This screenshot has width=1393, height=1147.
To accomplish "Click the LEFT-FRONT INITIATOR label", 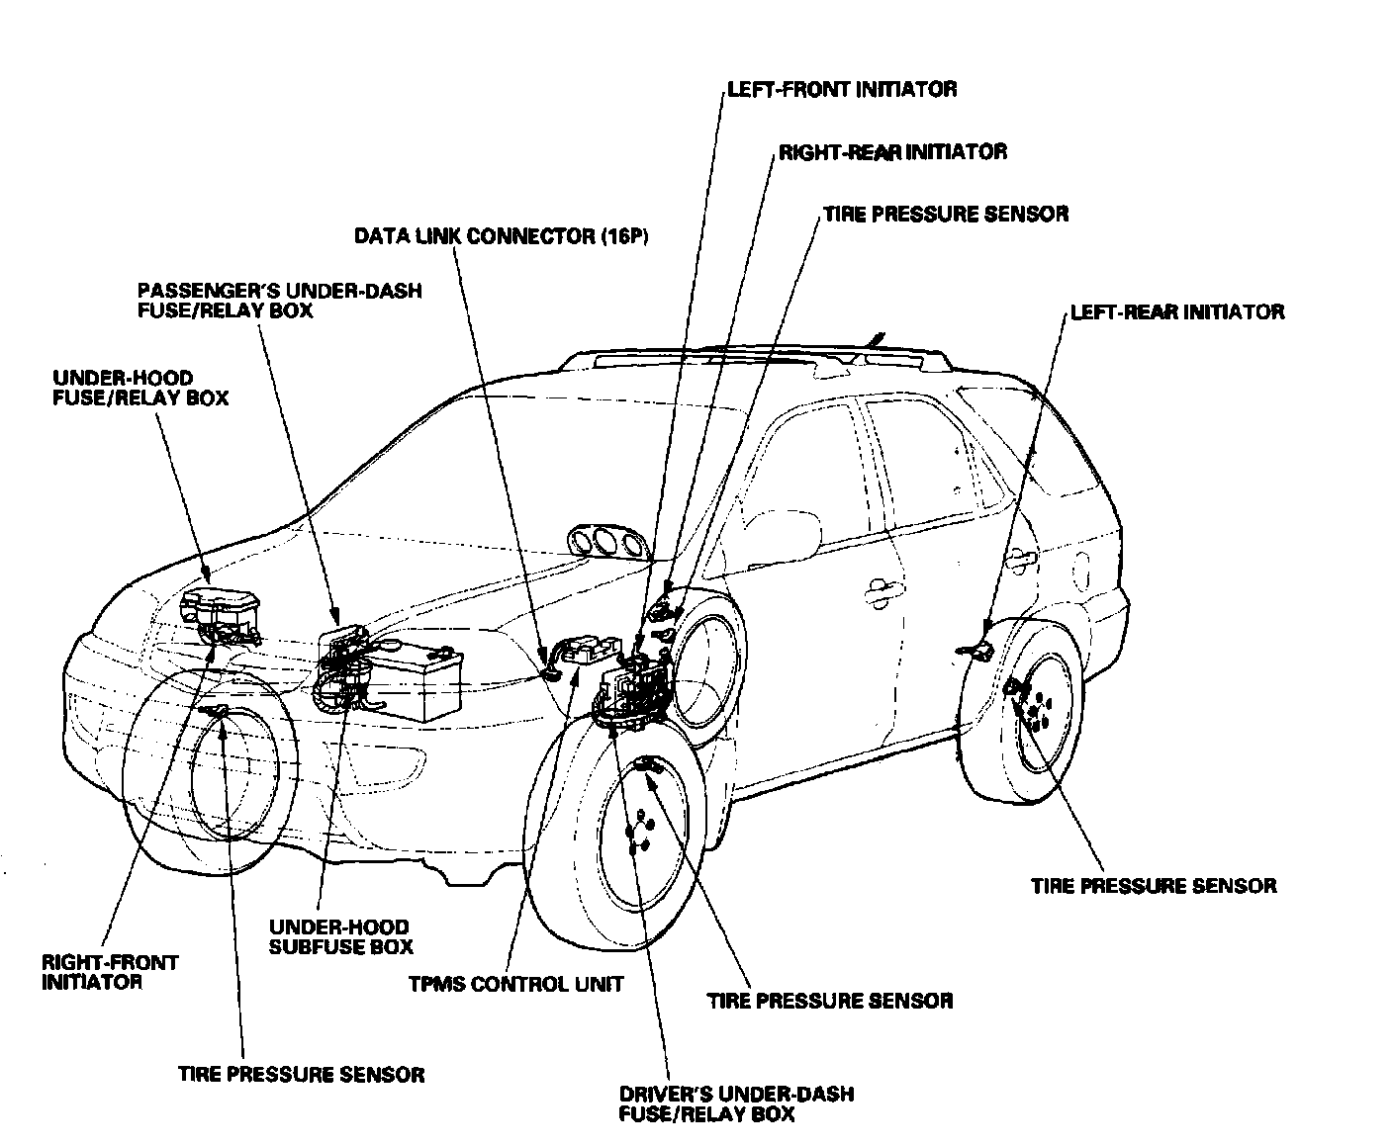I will (x=841, y=89).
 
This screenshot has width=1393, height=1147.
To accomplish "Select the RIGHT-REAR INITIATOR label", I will (x=892, y=151).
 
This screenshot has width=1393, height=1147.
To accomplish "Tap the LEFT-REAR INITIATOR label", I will (x=1176, y=311).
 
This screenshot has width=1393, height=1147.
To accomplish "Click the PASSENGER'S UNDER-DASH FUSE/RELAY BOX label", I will (x=279, y=301).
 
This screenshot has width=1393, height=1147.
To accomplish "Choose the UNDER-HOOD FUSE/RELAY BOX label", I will (x=140, y=388).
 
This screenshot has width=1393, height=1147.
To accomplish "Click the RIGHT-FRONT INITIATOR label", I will (x=110, y=971).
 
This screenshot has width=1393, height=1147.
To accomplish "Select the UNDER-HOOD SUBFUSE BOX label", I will (x=340, y=936).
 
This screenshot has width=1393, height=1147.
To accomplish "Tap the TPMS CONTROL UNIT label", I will (x=515, y=984).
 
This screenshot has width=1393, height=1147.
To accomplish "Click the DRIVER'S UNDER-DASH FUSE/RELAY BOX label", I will (x=736, y=1103).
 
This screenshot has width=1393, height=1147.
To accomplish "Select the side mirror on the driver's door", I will (x=787, y=534).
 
